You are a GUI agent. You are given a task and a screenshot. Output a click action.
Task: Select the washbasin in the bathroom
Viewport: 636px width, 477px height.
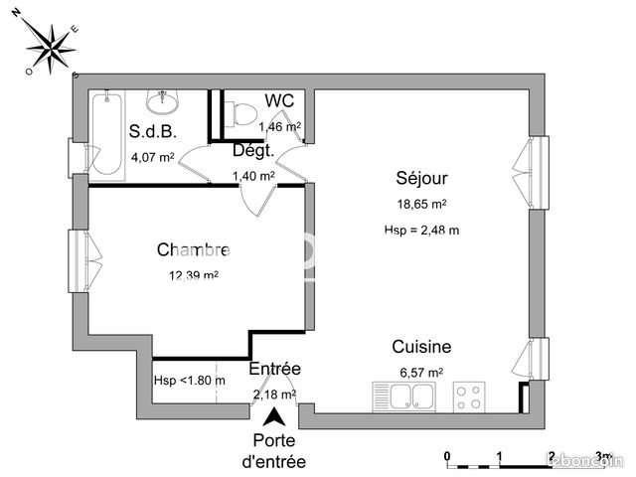[163, 100]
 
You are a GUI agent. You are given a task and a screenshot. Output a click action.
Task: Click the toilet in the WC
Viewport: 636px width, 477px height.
[236, 113]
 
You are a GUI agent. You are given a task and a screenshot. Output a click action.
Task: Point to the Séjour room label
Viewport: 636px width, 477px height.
[421, 179]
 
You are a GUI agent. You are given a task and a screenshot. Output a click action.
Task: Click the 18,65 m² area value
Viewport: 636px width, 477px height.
[421, 204]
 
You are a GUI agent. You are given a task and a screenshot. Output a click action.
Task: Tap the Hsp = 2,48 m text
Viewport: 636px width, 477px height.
[421, 230]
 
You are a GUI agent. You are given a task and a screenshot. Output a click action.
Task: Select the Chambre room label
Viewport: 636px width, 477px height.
[194, 250]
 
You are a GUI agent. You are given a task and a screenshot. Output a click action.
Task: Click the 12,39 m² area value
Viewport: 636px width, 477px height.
[194, 275]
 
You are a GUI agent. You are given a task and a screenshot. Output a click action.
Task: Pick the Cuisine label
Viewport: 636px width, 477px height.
[421, 347]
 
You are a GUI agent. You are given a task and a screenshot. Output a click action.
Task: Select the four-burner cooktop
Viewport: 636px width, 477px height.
[468, 397]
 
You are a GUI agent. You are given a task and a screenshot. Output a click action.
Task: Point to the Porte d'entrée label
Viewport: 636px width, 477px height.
[273, 451]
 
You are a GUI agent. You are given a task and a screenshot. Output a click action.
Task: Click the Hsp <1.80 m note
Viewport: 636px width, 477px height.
[189, 380]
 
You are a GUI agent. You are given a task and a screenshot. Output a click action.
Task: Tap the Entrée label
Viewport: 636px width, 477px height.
[274, 369]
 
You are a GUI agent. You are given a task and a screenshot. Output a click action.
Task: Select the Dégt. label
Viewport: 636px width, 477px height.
[253, 152]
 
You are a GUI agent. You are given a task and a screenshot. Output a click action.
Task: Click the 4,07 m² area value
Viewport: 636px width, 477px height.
[152, 157]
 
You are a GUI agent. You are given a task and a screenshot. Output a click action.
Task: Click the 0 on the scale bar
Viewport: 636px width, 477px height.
[448, 455]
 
